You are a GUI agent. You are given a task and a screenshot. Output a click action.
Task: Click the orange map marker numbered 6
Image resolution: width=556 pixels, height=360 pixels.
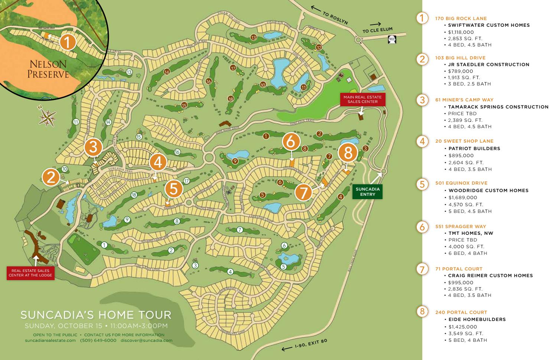(291, 142)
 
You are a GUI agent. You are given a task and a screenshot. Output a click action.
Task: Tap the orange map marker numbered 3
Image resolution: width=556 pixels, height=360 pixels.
(93, 147)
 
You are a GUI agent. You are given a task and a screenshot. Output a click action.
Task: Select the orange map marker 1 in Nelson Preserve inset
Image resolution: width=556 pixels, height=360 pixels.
(68, 42)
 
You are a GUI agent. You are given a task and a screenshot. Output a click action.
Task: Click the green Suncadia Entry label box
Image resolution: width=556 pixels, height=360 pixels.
(367, 191)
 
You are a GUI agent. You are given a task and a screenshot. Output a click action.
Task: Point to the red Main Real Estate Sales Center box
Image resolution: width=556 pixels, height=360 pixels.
(362, 99)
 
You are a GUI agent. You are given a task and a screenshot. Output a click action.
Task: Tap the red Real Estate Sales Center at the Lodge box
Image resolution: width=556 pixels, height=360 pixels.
(30, 273)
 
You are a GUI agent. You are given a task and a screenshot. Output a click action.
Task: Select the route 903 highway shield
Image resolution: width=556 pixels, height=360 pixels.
(391, 39)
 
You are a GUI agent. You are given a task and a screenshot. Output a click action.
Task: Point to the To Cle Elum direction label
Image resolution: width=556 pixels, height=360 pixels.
(377, 29)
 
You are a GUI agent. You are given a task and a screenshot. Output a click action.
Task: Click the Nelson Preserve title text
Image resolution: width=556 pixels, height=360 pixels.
(48, 69)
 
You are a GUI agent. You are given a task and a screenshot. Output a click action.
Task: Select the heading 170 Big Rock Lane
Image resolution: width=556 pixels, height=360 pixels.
(461, 18)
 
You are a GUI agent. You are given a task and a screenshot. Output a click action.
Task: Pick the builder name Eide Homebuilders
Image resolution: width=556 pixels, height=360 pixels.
(477, 319)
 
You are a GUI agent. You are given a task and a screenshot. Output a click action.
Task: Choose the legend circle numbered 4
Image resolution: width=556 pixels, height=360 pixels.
(422, 141)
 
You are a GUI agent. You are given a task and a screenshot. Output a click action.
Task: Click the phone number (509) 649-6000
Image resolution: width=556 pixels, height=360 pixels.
(98, 340)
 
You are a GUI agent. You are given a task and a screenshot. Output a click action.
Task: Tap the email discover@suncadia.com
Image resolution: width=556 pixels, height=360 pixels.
(146, 340)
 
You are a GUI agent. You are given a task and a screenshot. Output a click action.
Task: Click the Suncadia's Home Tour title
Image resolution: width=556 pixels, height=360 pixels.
(96, 315)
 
